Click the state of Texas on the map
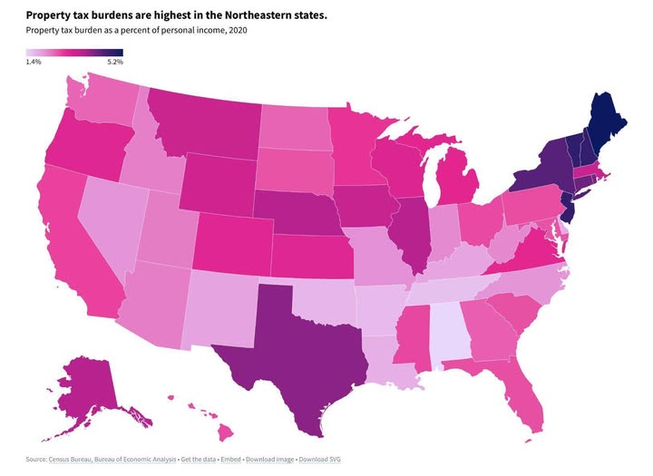click(304, 340)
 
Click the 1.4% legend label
click(34, 62)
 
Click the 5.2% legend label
click(114, 62)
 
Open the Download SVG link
click(320, 460)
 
